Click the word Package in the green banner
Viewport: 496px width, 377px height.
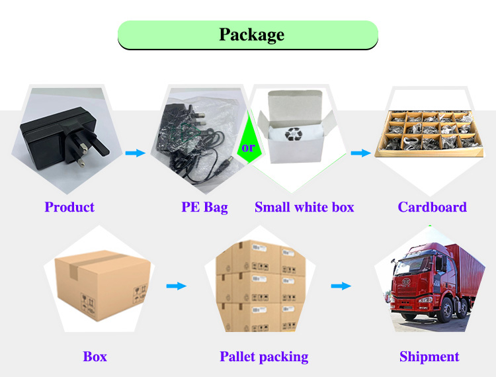tap(251, 34)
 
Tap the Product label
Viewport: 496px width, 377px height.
tap(69, 207)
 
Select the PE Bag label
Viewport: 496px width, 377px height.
tap(204, 207)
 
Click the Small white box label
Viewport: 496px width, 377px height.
tap(304, 207)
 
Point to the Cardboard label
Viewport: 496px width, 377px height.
tap(432, 207)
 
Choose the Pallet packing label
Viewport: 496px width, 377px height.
tap(264, 357)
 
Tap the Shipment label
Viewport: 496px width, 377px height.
tap(429, 357)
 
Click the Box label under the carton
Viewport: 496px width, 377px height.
tap(95, 357)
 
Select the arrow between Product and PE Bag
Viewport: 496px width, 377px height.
tap(135, 153)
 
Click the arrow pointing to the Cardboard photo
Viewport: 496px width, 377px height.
tap(360, 153)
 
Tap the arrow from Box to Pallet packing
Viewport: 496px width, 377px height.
tap(175, 286)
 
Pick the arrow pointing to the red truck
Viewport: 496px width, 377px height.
tap(341, 286)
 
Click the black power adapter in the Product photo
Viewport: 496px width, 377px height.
tap(56, 136)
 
